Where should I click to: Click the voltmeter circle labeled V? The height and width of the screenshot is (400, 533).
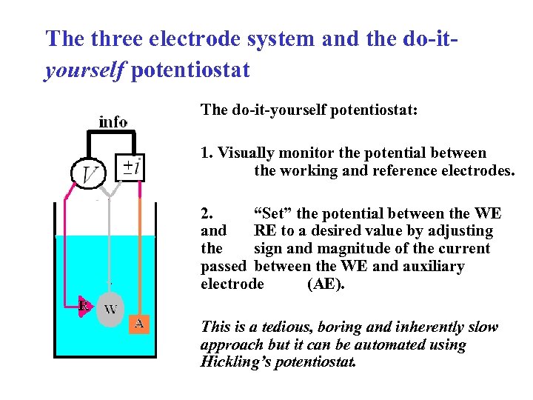[x=89, y=175]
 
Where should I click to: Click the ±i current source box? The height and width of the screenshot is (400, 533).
[x=132, y=167]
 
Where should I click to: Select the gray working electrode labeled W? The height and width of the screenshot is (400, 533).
[x=110, y=310]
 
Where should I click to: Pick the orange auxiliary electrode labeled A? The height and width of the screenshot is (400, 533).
[x=139, y=323]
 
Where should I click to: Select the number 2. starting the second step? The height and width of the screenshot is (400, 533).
[x=207, y=214]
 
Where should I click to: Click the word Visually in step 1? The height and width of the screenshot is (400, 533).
[x=245, y=153]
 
